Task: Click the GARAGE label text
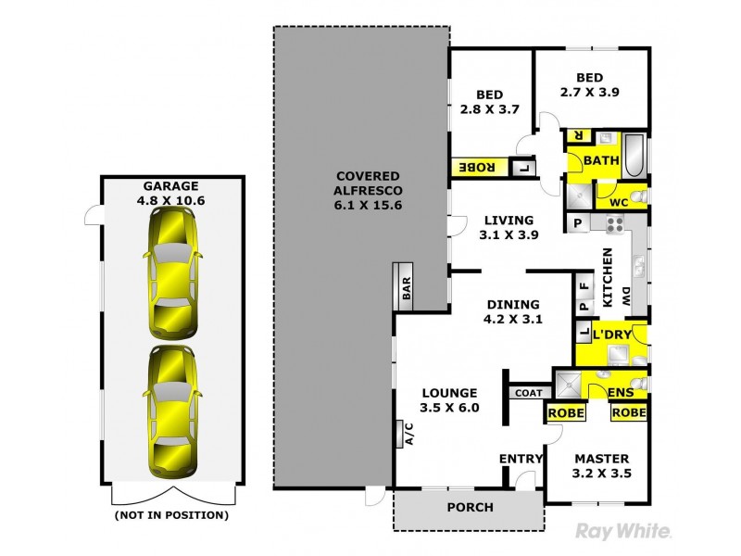(170, 186)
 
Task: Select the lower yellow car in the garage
(171, 411)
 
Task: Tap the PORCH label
(470, 507)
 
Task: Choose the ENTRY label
(520, 460)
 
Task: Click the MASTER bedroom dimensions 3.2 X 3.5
(601, 473)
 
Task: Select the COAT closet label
(529, 393)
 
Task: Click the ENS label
(621, 393)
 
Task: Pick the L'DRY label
(610, 334)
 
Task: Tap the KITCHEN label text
(609, 278)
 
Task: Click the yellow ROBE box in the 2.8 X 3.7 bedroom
(478, 169)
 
